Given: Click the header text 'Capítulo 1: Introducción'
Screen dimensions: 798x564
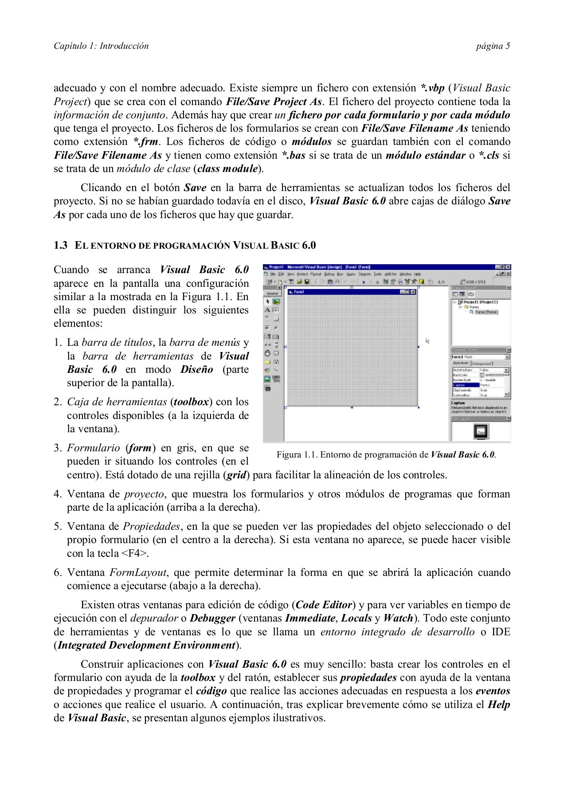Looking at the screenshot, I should pos(101,46).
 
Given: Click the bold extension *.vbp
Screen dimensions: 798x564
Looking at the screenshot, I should pos(432,88).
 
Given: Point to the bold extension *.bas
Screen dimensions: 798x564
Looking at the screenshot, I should pos(294,155).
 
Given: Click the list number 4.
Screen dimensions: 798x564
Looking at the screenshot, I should pos(58,494).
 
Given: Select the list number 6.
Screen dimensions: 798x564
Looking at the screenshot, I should pos(58,572).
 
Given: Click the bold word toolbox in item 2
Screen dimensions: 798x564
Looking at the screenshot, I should pos(191,402).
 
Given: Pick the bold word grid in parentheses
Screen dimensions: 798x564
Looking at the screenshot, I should pos(236,475).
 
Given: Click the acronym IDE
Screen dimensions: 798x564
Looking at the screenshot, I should pos(501,632).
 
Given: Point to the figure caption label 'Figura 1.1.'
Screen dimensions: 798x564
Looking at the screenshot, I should pos(297,455).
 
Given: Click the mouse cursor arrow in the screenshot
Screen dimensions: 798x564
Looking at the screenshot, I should pos(427,340).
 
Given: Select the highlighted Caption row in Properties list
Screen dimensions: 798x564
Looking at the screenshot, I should pos(466,385).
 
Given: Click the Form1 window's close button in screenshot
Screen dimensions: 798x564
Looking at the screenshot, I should pos(413,292).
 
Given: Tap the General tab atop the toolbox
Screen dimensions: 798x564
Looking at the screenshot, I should pos(271,293).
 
